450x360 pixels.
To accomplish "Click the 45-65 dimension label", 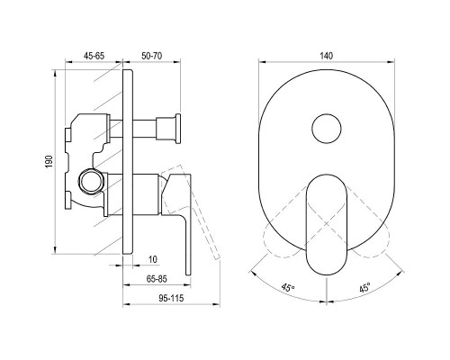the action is point(94,56).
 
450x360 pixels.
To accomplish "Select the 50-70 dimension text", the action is point(152,56).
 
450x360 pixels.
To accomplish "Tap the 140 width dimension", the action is point(327,56).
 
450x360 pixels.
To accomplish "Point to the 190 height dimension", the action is point(49,161).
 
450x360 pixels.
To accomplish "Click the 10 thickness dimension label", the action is point(153,259).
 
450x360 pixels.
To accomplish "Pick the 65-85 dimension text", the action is point(157,279).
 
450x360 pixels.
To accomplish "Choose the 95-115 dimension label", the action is point(171,298).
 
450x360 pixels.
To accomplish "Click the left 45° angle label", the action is point(288,288).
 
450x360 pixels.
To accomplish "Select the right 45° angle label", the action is point(364,288).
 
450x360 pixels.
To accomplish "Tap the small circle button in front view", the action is point(327,129).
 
